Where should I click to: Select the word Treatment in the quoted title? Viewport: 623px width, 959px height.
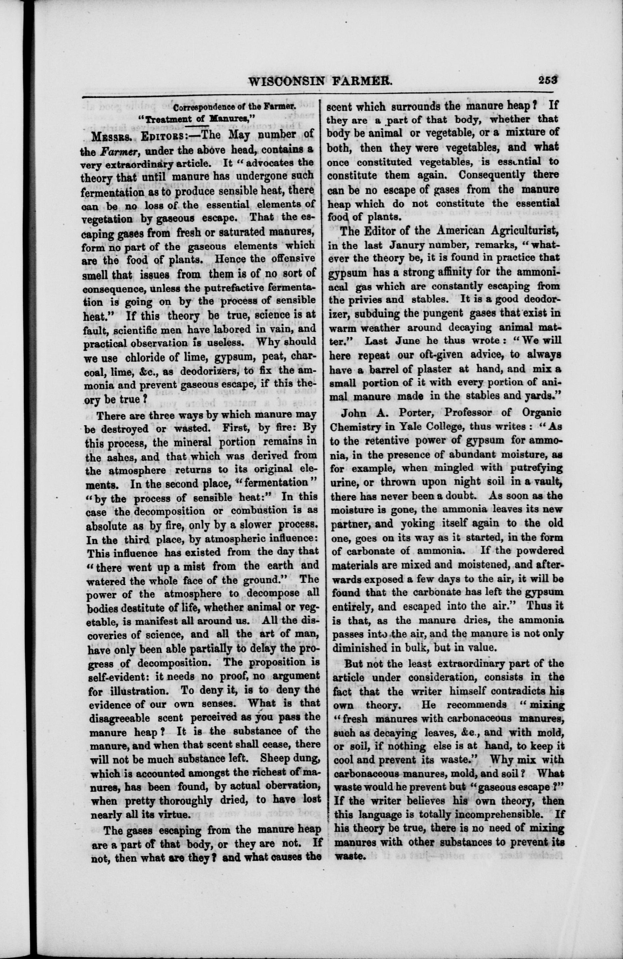[x=169, y=120]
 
